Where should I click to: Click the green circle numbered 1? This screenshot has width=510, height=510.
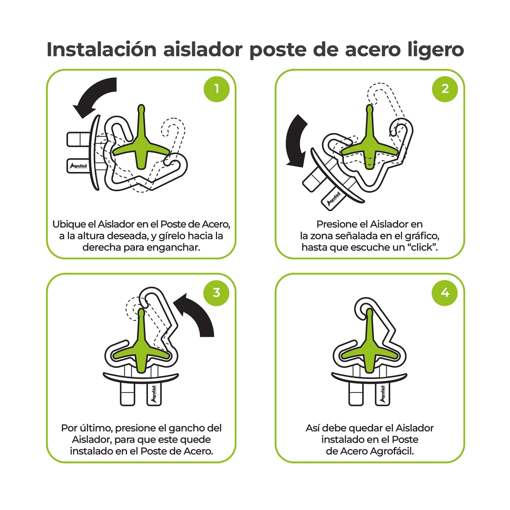click(x=217, y=89)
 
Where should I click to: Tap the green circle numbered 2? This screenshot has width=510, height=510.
click(x=445, y=89)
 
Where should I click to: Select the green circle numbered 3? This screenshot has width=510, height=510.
click(x=217, y=293)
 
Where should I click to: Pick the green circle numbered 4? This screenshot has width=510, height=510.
click(x=445, y=293)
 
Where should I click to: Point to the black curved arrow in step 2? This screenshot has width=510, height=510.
click(x=296, y=141)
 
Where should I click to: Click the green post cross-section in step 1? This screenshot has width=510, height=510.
click(x=141, y=146)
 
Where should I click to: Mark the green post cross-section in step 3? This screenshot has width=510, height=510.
click(x=141, y=349)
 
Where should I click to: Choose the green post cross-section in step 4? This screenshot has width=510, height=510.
click(x=370, y=349)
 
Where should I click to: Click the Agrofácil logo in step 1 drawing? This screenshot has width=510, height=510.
click(x=78, y=166)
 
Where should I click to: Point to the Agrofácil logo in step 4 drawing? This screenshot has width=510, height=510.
click(x=383, y=394)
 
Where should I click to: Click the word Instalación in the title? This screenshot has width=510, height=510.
click(x=101, y=49)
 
